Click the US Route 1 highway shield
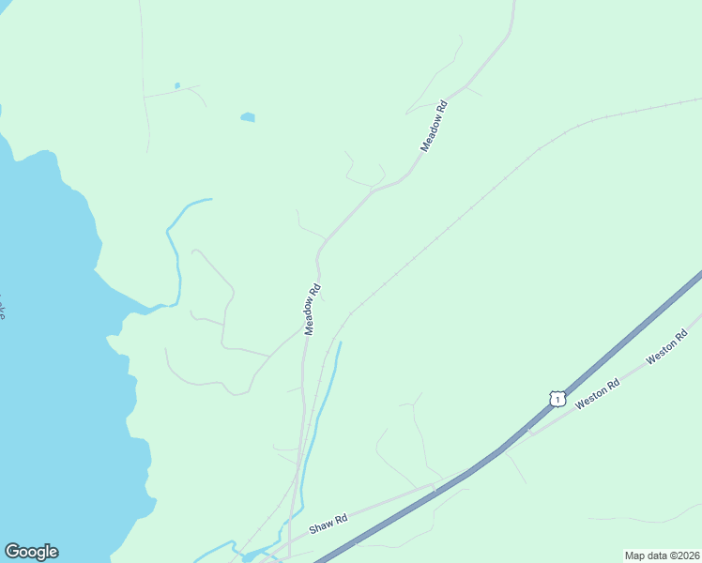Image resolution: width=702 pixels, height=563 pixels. pyautogui.click(x=557, y=399)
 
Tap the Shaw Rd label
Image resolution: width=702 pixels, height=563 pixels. pyautogui.click(x=328, y=523)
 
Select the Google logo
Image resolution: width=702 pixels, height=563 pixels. pyautogui.click(x=31, y=552)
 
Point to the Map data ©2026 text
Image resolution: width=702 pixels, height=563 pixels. pyautogui.click(x=662, y=555)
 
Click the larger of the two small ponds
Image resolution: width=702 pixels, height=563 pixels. pyautogui.click(x=248, y=117)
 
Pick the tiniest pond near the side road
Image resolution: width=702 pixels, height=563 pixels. pyautogui.click(x=176, y=86)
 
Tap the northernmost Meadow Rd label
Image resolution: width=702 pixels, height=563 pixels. pyautogui.click(x=434, y=127)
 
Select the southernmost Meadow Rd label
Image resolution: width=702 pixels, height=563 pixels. pyautogui.click(x=313, y=310)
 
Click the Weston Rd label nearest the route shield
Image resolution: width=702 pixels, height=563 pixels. pyautogui.click(x=598, y=391)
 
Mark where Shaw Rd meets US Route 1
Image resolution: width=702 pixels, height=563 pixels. pyautogui.click(x=437, y=485)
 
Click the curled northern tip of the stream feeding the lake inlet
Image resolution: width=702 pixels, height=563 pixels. pyautogui.click(x=208, y=199)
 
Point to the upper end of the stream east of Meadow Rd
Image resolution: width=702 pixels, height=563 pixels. pyautogui.click(x=340, y=343)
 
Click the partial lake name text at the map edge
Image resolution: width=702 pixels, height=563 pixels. pyautogui.click(x=3, y=309)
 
